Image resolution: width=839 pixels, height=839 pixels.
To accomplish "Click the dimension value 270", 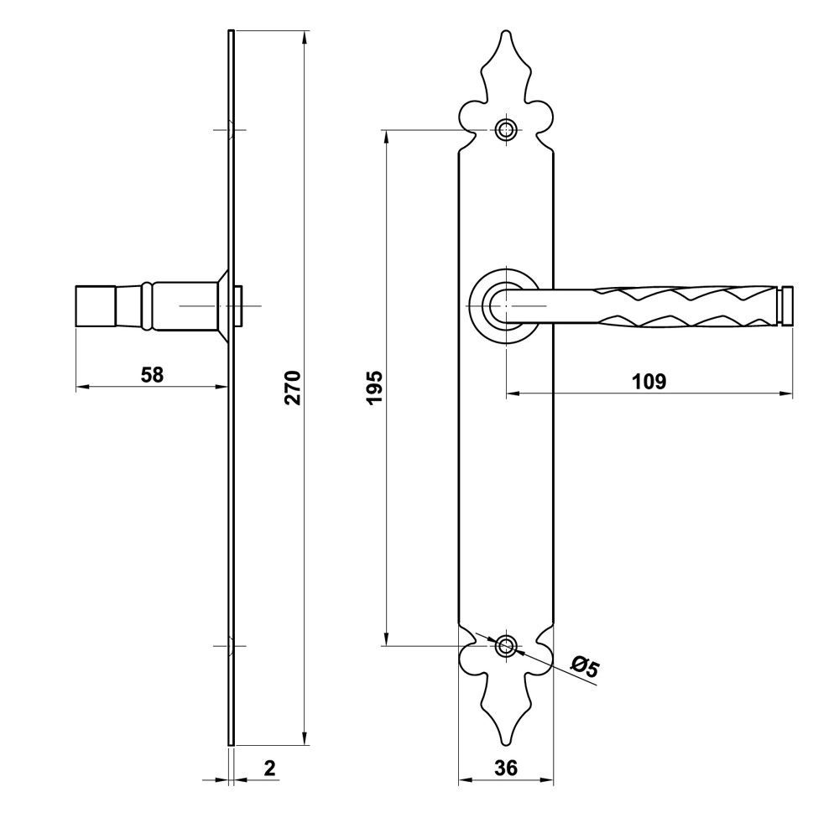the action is pos(293,387).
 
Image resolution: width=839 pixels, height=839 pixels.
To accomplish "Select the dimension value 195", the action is pos(375,387).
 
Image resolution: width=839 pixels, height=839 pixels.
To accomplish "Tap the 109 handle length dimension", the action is pos(649,382).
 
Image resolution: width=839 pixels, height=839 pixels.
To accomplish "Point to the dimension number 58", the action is pos(152,374).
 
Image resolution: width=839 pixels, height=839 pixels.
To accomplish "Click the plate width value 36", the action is pos(506,768).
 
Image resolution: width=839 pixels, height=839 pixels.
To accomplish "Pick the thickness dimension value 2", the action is pos(269,768).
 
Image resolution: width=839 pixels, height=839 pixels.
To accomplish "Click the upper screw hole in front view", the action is pos(506,129).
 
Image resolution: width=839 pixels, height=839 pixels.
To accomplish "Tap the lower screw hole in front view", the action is pos(506,646).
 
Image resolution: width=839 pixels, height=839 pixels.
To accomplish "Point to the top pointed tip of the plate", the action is pos(506,31).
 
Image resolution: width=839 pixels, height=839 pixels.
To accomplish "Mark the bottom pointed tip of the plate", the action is pos(506,744).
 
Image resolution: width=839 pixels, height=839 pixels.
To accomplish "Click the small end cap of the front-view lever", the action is pos(785,305).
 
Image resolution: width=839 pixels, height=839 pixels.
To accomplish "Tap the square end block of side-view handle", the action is pos(96,306).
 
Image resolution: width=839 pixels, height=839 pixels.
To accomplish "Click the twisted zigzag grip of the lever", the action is pos(685,305).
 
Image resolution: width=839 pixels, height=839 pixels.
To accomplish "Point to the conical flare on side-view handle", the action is pos(222,305).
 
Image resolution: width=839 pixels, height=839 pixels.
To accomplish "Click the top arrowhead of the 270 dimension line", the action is pos(305,37).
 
